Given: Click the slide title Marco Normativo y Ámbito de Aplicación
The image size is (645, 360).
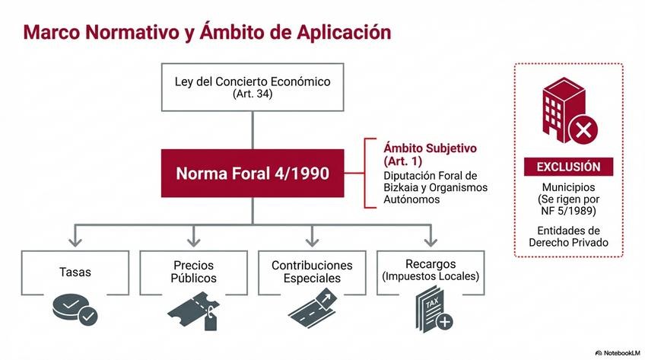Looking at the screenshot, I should [x=207, y=32].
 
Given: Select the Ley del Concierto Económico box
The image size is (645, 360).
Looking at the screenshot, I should [x=253, y=87].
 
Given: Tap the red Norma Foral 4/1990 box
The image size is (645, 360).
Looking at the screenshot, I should [x=253, y=173].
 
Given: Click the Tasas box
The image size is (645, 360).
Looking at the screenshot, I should [x=75, y=272].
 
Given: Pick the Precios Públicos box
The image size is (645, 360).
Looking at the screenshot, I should [x=193, y=272].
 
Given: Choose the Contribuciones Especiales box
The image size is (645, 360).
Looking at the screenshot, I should [x=312, y=272].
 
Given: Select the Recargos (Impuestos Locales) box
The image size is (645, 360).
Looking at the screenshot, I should [x=431, y=272].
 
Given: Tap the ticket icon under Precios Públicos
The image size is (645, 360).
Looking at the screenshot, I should [x=192, y=312].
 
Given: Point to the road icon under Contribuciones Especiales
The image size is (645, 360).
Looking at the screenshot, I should [x=312, y=311].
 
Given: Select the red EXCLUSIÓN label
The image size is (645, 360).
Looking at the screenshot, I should [x=568, y=167].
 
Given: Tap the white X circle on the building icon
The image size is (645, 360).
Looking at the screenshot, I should [x=583, y=131].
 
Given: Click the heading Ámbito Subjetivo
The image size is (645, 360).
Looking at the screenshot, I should [x=431, y=148].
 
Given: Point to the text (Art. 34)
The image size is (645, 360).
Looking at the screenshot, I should [x=253, y=94].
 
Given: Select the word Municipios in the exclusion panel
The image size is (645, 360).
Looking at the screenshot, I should [x=568, y=186].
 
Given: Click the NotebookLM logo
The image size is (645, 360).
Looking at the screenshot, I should [x=617, y=352].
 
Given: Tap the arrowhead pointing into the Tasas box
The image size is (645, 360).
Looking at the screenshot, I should [x=75, y=242].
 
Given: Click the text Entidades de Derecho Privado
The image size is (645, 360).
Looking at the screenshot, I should [x=568, y=236].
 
